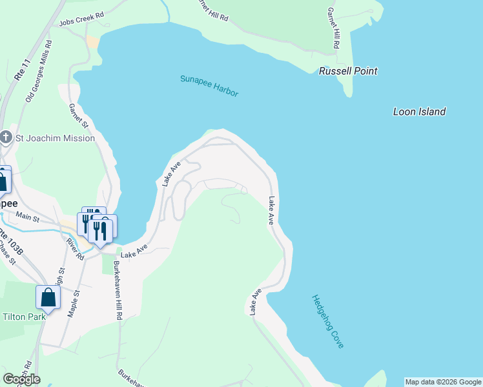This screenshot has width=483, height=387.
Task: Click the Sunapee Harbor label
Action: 209,85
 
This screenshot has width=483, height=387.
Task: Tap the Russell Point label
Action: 348,71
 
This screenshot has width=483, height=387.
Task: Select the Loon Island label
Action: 419,112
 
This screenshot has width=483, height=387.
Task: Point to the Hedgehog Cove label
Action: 327,321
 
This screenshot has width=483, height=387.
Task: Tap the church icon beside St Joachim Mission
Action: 6,137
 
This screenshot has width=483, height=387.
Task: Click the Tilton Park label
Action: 24,317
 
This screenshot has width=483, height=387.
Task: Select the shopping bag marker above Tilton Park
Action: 48,297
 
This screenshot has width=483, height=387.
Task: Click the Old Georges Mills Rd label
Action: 38,72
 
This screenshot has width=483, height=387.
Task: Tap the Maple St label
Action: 74,303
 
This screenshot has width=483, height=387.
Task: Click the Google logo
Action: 21,379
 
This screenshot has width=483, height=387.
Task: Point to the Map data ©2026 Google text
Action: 443,382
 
